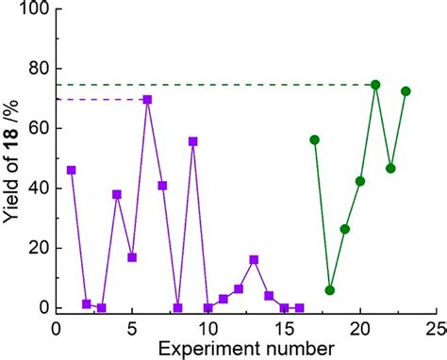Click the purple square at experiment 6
(147, 99)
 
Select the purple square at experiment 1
(71, 170)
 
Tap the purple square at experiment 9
(193, 141)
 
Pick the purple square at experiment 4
(117, 194)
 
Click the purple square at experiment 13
(254, 259)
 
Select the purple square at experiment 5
(132, 257)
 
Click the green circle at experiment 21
(375, 85)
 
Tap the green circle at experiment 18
(330, 290)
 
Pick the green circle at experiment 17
(315, 139)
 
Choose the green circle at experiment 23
(406, 91)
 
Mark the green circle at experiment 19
(345, 229)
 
